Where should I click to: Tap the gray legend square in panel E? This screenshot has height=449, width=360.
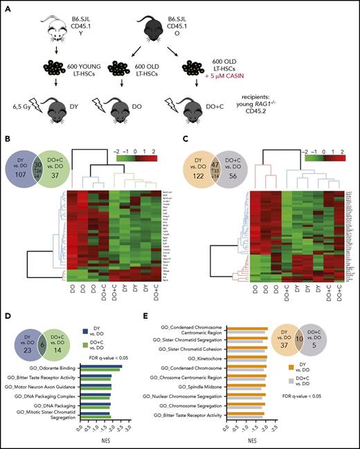coord(307,357)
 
